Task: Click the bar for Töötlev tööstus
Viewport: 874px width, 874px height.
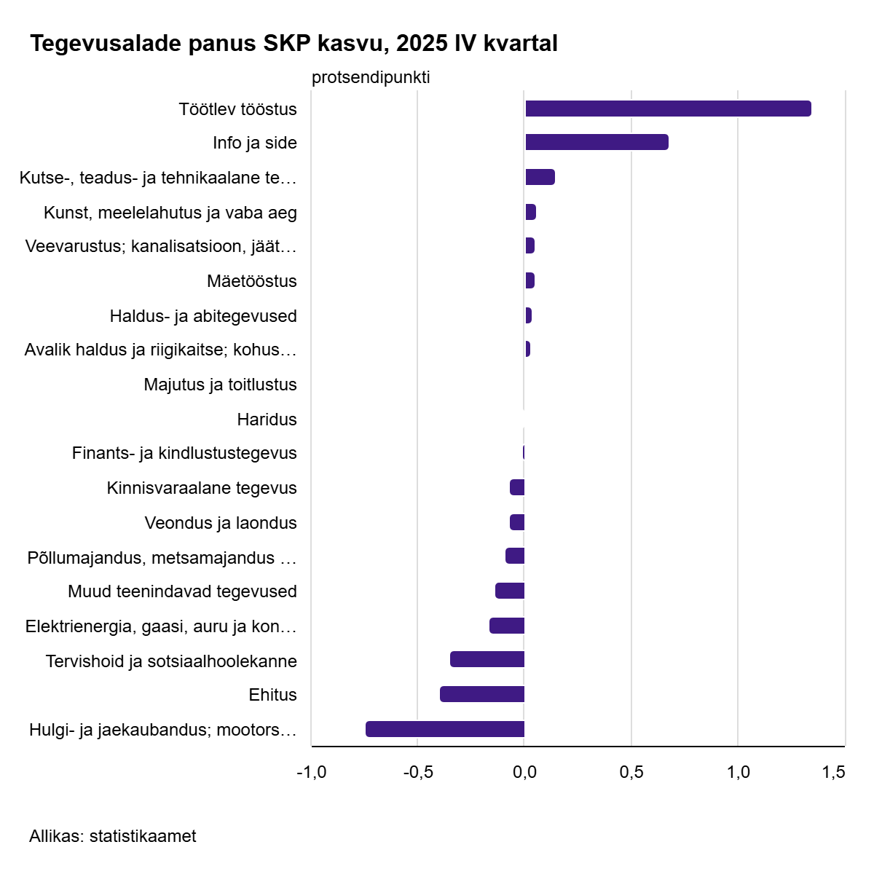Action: coord(668,109)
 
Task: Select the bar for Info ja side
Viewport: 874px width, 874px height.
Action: coord(597,142)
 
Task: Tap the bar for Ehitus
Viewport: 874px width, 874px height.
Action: coord(482,694)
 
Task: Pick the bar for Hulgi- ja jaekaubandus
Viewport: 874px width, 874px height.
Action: coord(445,729)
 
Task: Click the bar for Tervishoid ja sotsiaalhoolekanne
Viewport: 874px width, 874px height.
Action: coord(487,659)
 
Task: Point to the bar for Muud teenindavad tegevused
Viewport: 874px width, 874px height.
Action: coord(510,591)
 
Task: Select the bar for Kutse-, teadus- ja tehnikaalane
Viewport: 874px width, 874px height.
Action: coord(540,177)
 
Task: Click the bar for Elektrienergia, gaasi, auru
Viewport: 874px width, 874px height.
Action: coord(507,626)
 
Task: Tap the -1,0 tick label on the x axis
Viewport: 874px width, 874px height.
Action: coord(311,772)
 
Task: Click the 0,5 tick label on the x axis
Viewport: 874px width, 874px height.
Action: coord(631,772)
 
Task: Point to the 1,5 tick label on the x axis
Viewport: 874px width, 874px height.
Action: coord(834,772)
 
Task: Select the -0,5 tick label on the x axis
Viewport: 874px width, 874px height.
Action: coord(417,772)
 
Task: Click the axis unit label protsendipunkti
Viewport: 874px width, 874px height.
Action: coord(371,77)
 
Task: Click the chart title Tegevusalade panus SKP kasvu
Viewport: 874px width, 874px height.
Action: coord(294,44)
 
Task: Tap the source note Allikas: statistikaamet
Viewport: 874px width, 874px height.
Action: coord(113,836)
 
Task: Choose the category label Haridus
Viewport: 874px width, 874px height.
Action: coord(267,420)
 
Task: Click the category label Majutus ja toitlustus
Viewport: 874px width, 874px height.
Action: coord(220,385)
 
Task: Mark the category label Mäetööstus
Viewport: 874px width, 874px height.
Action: coord(251,281)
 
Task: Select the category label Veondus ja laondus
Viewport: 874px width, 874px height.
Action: coord(221,523)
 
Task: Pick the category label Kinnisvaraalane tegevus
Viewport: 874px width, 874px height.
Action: coord(202,488)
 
